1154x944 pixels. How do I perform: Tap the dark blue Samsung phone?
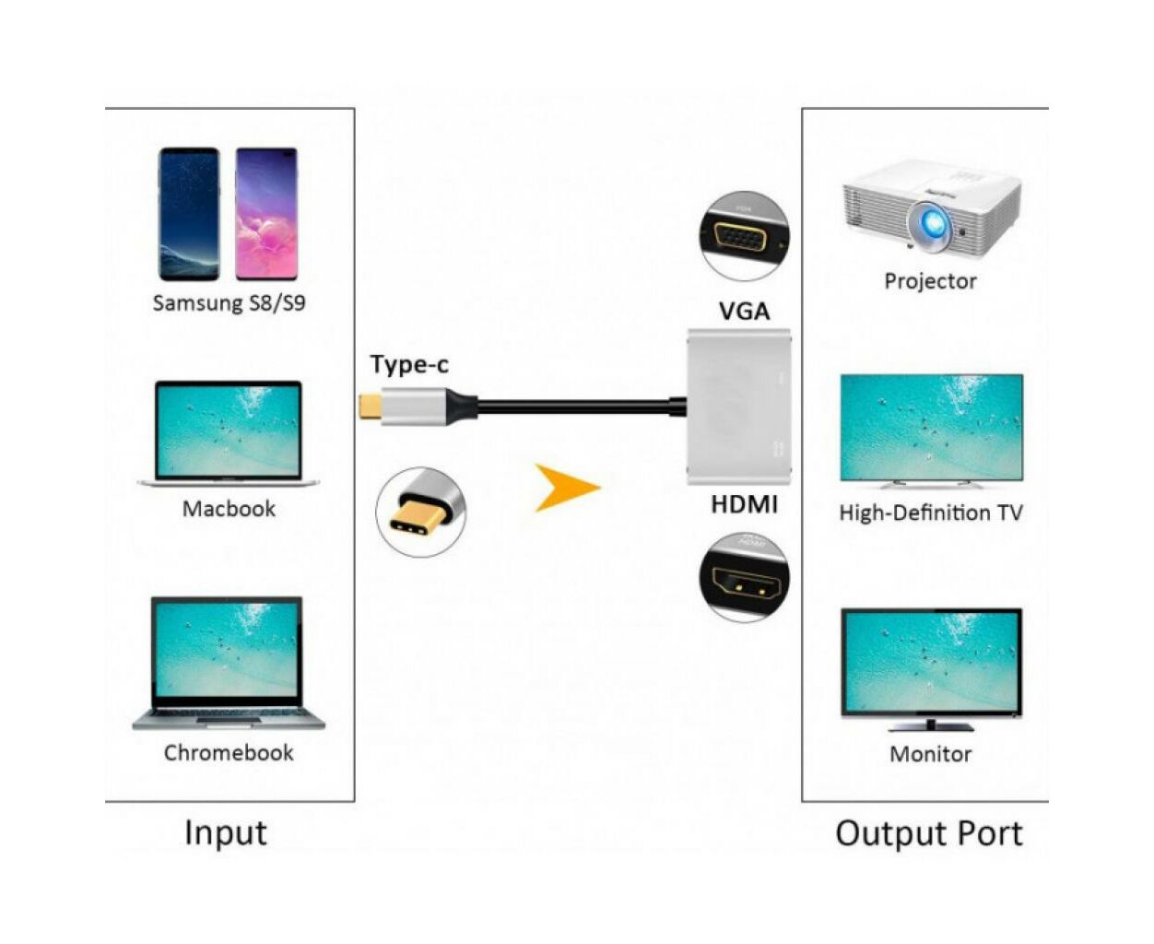point(189,214)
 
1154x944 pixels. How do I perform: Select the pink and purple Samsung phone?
point(266,214)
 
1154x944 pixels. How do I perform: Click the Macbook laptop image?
point(229,433)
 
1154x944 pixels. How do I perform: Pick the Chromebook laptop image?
point(229,663)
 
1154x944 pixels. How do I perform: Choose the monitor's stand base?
point(930,727)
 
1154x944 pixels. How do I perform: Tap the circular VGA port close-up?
point(744,236)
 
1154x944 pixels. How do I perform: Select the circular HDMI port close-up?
point(744,578)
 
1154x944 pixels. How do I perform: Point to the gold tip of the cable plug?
point(370,406)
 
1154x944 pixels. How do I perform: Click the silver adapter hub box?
point(738,407)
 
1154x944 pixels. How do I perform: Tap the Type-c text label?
point(409,364)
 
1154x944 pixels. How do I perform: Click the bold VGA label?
point(744,312)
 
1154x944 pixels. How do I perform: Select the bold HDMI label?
point(744,504)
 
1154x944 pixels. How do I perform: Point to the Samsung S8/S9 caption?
point(229,302)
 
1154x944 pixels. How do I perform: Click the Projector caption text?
point(930,281)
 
